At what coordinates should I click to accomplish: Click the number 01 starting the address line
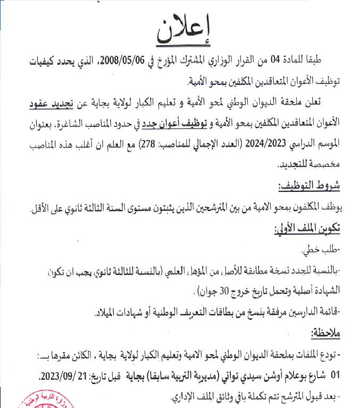click(x=334, y=375)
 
